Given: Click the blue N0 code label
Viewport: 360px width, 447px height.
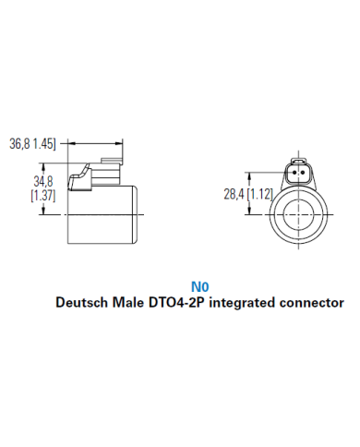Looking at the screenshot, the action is (x=198, y=286).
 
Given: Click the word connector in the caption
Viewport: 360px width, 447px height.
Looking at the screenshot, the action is (x=317, y=302).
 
